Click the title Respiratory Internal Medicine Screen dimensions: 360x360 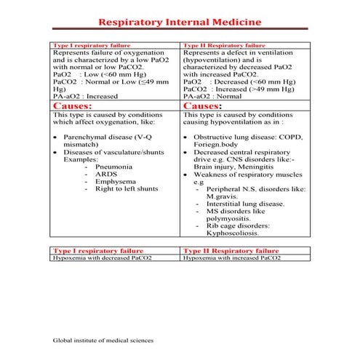[180, 23]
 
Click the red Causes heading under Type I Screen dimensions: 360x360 [73, 105]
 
